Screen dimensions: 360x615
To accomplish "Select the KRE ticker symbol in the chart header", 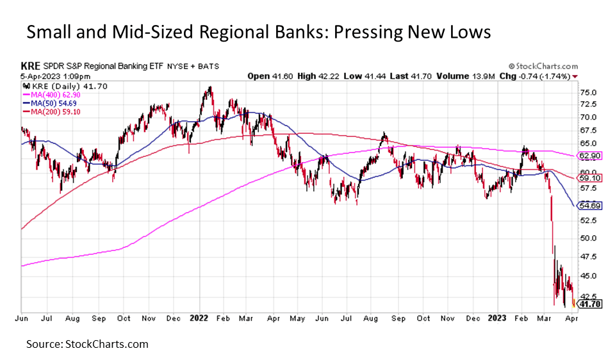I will pos(29,66).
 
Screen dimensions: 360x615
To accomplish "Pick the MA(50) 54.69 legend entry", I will pos(46,102).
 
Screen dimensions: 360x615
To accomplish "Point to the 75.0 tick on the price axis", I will pos(587,92).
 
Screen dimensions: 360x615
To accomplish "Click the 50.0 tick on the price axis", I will pos(587,238).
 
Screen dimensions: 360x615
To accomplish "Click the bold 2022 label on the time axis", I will pos(199,317).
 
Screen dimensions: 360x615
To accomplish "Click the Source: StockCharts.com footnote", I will pos(87,344).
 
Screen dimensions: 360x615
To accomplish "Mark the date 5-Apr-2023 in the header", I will pos(38,76).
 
